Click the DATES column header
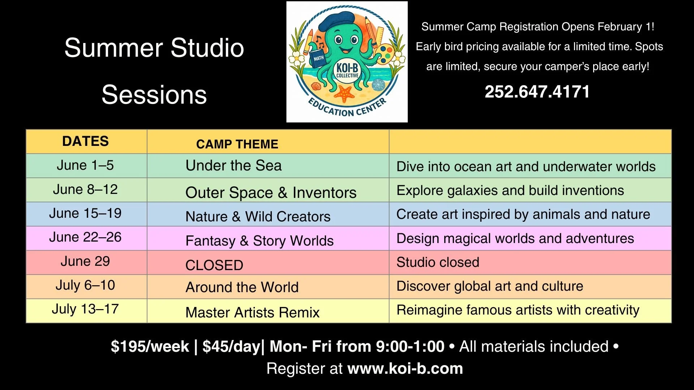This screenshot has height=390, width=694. (85, 141)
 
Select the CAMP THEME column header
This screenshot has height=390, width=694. (237, 144)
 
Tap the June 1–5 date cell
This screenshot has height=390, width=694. (85, 165)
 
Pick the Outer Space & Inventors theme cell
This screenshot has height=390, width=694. (271, 192)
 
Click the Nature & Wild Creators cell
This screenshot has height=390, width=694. (258, 217)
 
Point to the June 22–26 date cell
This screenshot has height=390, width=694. (85, 237)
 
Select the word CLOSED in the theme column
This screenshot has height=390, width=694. (214, 265)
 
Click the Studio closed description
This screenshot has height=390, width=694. (438, 262)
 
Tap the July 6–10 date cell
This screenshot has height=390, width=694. (85, 285)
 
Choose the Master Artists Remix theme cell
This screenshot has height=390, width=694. (252, 312)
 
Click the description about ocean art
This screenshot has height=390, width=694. (526, 166)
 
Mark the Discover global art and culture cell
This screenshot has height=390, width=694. (490, 286)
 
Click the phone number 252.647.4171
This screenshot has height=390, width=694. (537, 92)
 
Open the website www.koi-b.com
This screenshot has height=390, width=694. (405, 369)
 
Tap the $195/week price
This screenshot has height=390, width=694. (150, 347)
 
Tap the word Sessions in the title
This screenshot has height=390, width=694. (154, 95)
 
